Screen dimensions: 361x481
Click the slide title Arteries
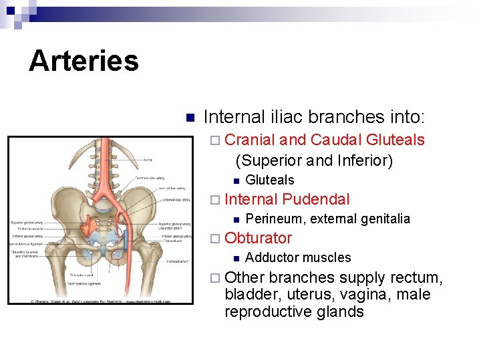coord(84,61)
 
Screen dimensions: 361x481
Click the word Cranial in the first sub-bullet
coord(251,140)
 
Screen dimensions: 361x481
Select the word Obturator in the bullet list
coord(259,238)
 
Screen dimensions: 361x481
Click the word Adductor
coord(271,257)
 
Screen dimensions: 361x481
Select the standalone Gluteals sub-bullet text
coord(270,180)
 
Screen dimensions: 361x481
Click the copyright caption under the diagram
coord(100,302)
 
